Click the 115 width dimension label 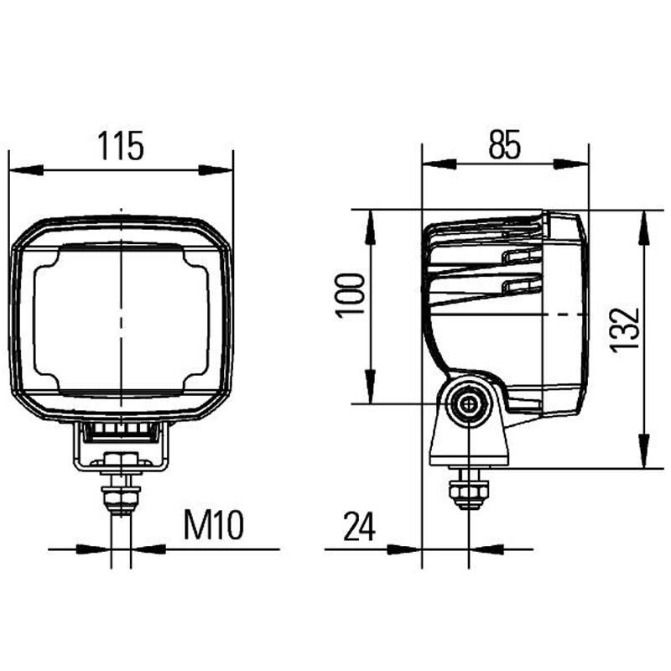click(122, 146)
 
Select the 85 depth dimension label click(504, 146)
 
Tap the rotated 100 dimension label click(351, 294)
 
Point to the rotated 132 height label click(625, 330)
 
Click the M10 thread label click(213, 526)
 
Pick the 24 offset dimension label click(358, 527)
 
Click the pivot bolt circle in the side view click(469, 407)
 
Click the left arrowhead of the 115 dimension click(25, 170)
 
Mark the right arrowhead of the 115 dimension click(216, 170)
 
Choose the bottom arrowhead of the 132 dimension click(642, 450)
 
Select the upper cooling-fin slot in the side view click(521, 256)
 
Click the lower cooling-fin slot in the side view click(521, 286)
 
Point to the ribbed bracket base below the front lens click(121, 432)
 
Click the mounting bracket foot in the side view click(469, 449)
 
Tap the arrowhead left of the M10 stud click(94, 549)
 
